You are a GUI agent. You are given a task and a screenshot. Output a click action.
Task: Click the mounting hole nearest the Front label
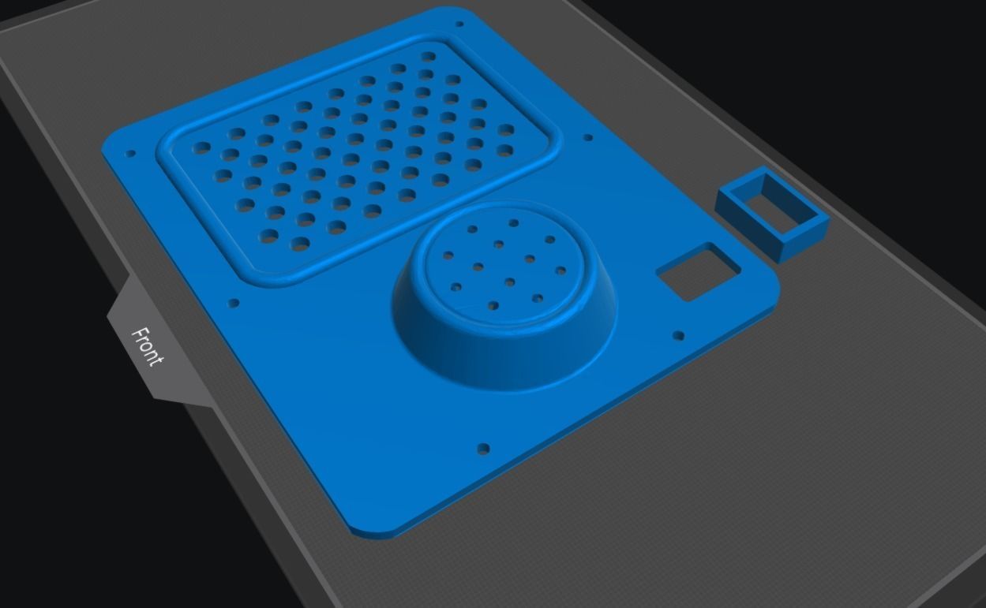click(234, 303)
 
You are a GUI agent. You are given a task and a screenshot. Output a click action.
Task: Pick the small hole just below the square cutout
click(678, 336)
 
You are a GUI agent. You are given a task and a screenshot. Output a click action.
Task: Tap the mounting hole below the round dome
click(484, 449)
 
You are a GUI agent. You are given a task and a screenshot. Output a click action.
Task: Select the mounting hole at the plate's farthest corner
click(461, 24)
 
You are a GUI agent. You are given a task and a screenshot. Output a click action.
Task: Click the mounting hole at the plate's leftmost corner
click(131, 154)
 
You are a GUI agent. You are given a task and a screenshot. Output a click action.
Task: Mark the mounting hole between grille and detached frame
click(587, 138)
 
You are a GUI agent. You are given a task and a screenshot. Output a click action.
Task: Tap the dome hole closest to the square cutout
click(560, 271)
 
